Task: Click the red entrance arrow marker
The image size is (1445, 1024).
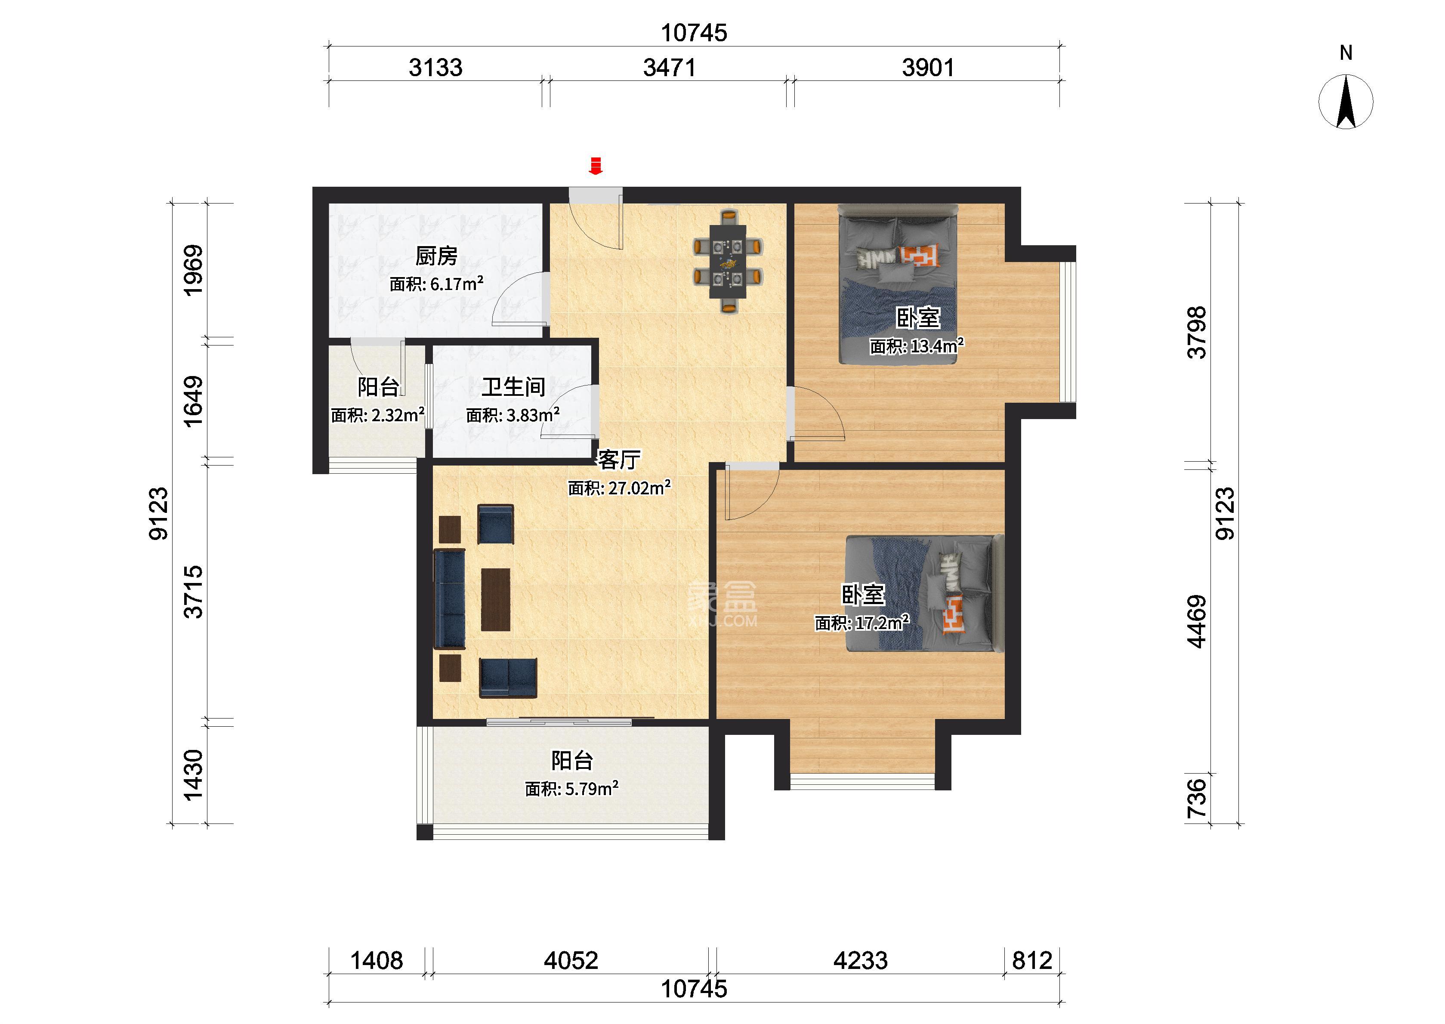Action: pyautogui.click(x=595, y=165)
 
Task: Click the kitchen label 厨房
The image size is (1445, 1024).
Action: pyautogui.click(x=436, y=256)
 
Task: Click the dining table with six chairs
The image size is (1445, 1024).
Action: pyautogui.click(x=728, y=261)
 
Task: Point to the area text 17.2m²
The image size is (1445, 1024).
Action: pyautogui.click(x=882, y=623)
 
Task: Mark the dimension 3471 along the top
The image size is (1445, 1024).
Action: pyautogui.click(x=670, y=68)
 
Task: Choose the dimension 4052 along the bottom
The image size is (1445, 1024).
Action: pyautogui.click(x=571, y=960)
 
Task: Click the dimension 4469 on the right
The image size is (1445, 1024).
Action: pyautogui.click(x=1197, y=622)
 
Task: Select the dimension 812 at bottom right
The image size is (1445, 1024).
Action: pyautogui.click(x=1032, y=960)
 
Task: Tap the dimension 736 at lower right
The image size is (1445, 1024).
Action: pyautogui.click(x=1197, y=798)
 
